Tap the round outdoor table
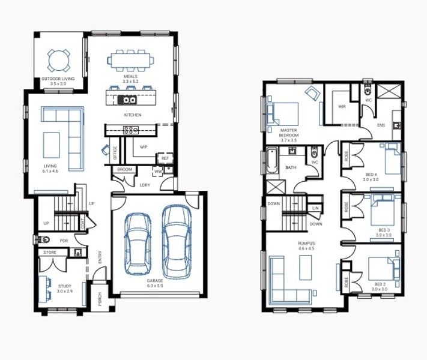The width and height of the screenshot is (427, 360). (59, 61)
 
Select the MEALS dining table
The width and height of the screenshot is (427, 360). (130, 61)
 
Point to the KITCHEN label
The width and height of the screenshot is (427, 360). (133, 115)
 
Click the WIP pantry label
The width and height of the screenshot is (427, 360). (144, 147)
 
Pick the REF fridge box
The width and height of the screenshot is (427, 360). (165, 158)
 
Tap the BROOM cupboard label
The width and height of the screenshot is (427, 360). (124, 170)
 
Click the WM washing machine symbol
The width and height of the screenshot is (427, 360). (158, 172)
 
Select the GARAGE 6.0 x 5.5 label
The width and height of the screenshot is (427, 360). (155, 283)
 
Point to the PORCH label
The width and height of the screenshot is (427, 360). (100, 299)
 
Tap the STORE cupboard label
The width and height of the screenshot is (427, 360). (50, 253)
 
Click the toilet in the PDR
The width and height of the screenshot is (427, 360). (43, 239)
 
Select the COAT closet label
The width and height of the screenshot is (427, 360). (82, 222)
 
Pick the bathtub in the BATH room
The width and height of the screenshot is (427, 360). (272, 161)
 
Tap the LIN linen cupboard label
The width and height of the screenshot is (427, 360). (315, 208)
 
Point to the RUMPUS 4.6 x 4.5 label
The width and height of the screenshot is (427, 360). (306, 246)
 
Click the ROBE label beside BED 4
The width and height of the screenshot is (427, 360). (347, 156)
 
